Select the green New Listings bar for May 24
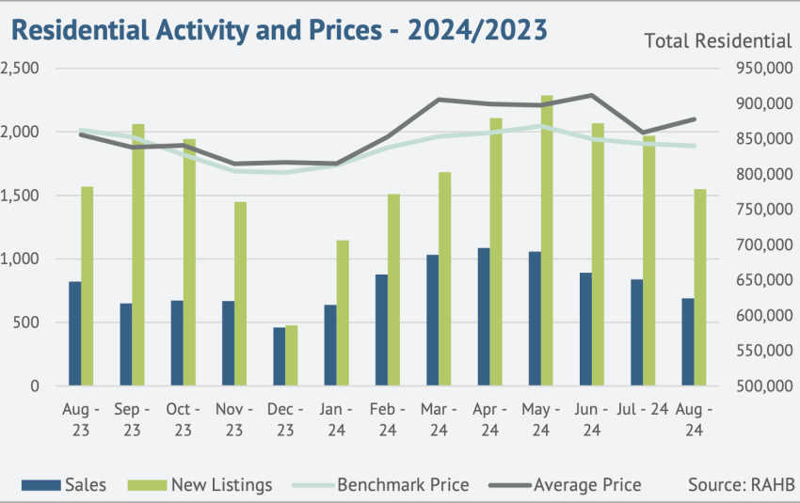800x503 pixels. (x=547, y=240)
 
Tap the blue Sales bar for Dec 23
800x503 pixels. (x=280, y=356)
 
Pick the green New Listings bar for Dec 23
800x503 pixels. (x=292, y=355)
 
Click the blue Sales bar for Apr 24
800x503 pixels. (x=484, y=317)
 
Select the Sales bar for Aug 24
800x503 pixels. (x=688, y=341)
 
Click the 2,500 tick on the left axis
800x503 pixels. (x=20, y=68)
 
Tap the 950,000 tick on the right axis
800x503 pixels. (x=764, y=68)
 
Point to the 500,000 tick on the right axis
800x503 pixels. (x=764, y=385)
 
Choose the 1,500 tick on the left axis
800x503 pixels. (x=20, y=196)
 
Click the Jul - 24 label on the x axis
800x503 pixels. (x=642, y=409)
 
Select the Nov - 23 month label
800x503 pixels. (x=234, y=419)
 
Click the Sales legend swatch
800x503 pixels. (x=40, y=485)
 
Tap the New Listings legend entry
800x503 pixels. (x=200, y=484)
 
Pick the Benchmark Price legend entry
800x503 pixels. (x=380, y=484)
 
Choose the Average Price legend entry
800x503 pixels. (x=565, y=484)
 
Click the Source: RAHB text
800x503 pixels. (x=742, y=484)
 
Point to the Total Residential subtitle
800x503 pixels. (x=718, y=40)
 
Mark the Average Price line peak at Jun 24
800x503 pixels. (x=591, y=95)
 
